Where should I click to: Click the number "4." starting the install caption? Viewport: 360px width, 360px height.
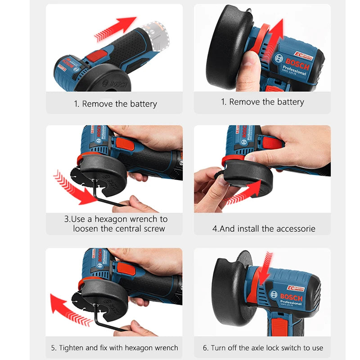(216, 229)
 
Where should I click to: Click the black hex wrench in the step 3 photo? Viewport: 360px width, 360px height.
(108, 198)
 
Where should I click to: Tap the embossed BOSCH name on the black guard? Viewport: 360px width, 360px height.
(114, 84)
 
